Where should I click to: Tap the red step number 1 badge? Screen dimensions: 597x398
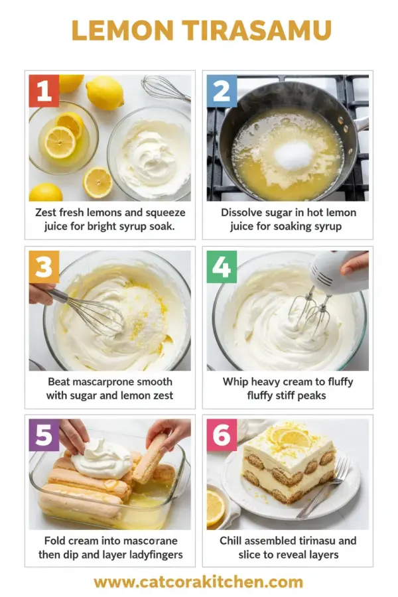[x=44, y=91]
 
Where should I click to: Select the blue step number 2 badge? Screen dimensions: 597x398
[x=222, y=91]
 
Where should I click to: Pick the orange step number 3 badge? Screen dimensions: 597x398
[x=44, y=267]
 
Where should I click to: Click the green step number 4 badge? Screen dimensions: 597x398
[x=222, y=267]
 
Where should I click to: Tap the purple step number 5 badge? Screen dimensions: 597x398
[x=44, y=435]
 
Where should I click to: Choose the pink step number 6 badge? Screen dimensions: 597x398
[x=222, y=435]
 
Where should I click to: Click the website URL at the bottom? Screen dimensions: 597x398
[x=198, y=582]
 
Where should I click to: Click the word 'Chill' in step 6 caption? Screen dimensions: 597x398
[x=233, y=541]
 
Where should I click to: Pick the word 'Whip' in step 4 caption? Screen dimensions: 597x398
[x=237, y=382]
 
